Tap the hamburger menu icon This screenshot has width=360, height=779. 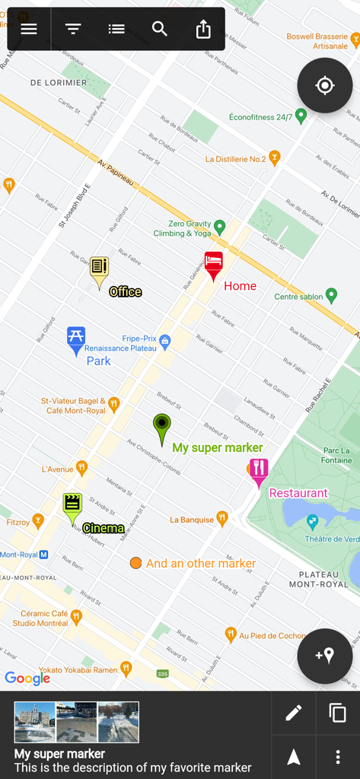pos(29,29)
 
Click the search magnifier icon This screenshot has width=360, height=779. pos(160,29)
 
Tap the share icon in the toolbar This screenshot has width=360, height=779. pos(203,29)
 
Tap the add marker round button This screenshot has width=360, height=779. pos(325,656)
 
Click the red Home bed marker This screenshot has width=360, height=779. pos(214,264)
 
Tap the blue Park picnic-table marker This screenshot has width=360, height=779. pos(76,339)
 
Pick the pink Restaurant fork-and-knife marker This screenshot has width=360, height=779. pos(259,470)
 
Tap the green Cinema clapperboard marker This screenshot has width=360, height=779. pos(72,506)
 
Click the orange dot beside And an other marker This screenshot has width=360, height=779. pos(135,563)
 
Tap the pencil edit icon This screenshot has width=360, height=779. pos(294,713)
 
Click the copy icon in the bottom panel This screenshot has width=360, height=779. pos(337,713)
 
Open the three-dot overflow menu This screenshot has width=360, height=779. pos(338,757)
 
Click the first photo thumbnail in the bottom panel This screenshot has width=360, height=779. pos(35,722)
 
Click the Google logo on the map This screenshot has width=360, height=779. pos(27,678)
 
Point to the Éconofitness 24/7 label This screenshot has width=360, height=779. pos(260,117)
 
